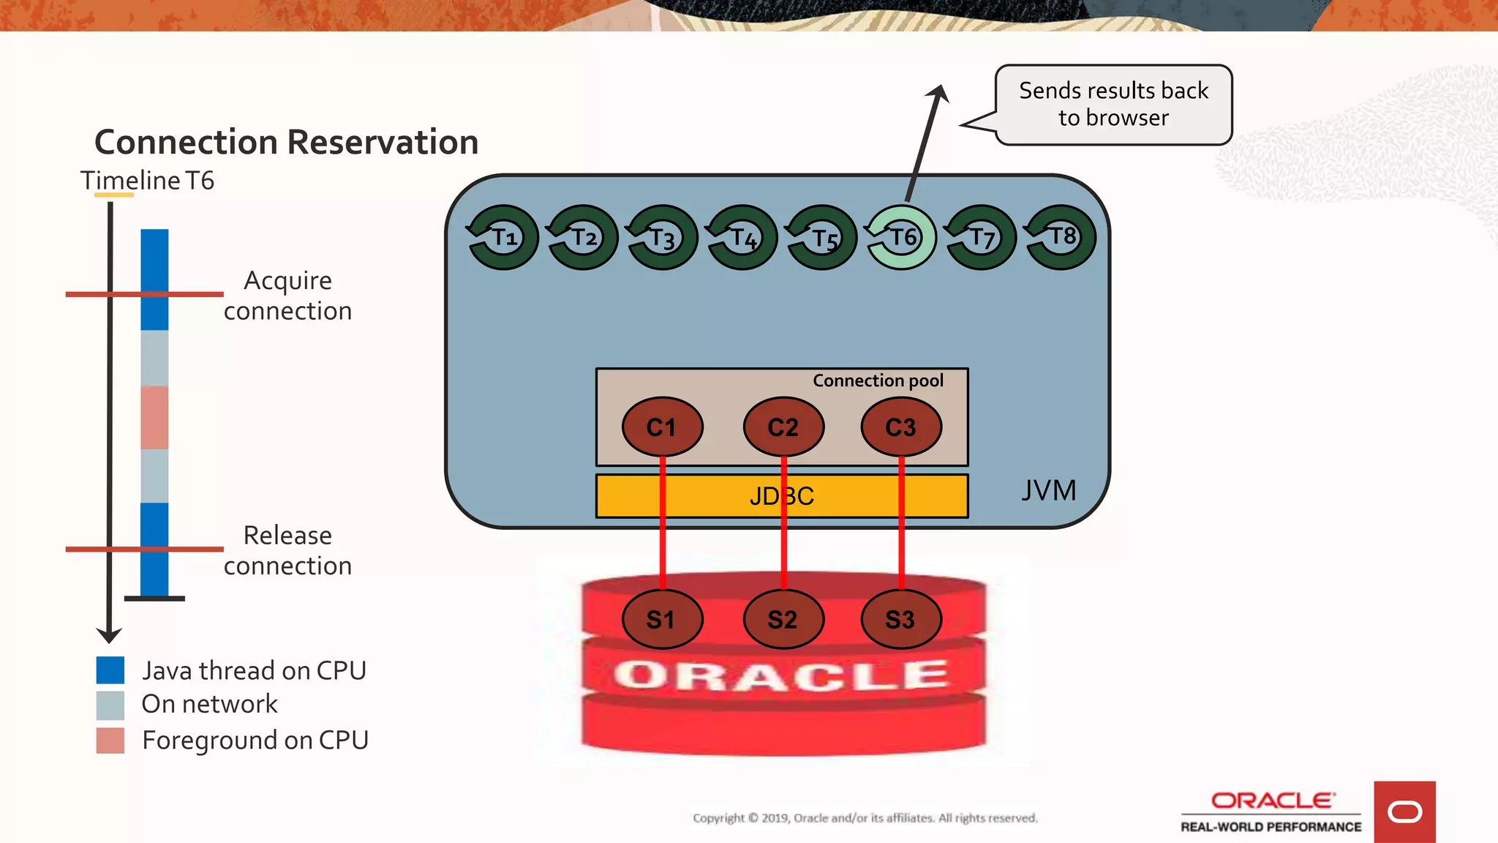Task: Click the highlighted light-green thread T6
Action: click(x=901, y=237)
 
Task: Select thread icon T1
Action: click(x=503, y=237)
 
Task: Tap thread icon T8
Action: click(x=1061, y=237)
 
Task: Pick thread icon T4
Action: click(x=742, y=237)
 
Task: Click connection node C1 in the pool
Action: click(x=662, y=427)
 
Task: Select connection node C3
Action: click(x=901, y=427)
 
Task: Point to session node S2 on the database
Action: click(x=783, y=619)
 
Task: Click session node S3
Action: click(x=901, y=619)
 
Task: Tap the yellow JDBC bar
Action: click(x=781, y=496)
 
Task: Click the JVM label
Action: click(x=1048, y=490)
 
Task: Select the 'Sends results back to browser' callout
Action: click(x=1113, y=105)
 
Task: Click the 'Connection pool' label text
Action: click(x=878, y=381)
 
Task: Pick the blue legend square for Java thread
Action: click(x=110, y=670)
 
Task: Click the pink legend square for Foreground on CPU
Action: click(x=110, y=740)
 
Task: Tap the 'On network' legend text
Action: click(x=209, y=704)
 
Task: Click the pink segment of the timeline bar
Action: click(x=154, y=417)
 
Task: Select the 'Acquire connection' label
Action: click(x=287, y=296)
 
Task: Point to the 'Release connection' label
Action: click(x=287, y=550)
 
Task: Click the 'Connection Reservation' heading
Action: click(x=287, y=142)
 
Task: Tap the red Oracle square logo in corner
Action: click(x=1404, y=812)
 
